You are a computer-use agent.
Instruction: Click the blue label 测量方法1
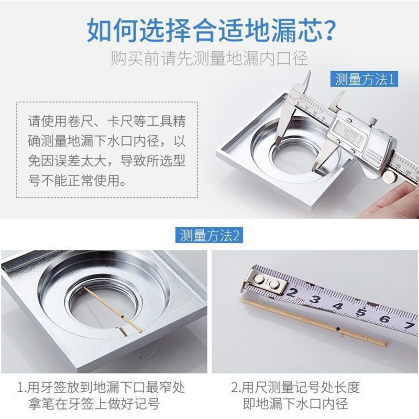[x=364, y=79]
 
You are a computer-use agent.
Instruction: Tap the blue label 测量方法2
[x=209, y=235]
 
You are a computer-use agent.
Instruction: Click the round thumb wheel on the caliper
[x=390, y=177]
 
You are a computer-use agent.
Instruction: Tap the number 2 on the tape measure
[x=292, y=293]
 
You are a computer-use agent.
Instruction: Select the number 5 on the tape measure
[x=361, y=312]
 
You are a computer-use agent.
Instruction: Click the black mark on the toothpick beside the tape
[x=338, y=329]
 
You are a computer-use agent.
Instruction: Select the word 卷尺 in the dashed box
[x=80, y=121]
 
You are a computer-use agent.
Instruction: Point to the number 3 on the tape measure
[x=316, y=299]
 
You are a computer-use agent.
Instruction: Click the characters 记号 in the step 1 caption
[x=146, y=403]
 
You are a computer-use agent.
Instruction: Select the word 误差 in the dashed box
[x=67, y=161]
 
